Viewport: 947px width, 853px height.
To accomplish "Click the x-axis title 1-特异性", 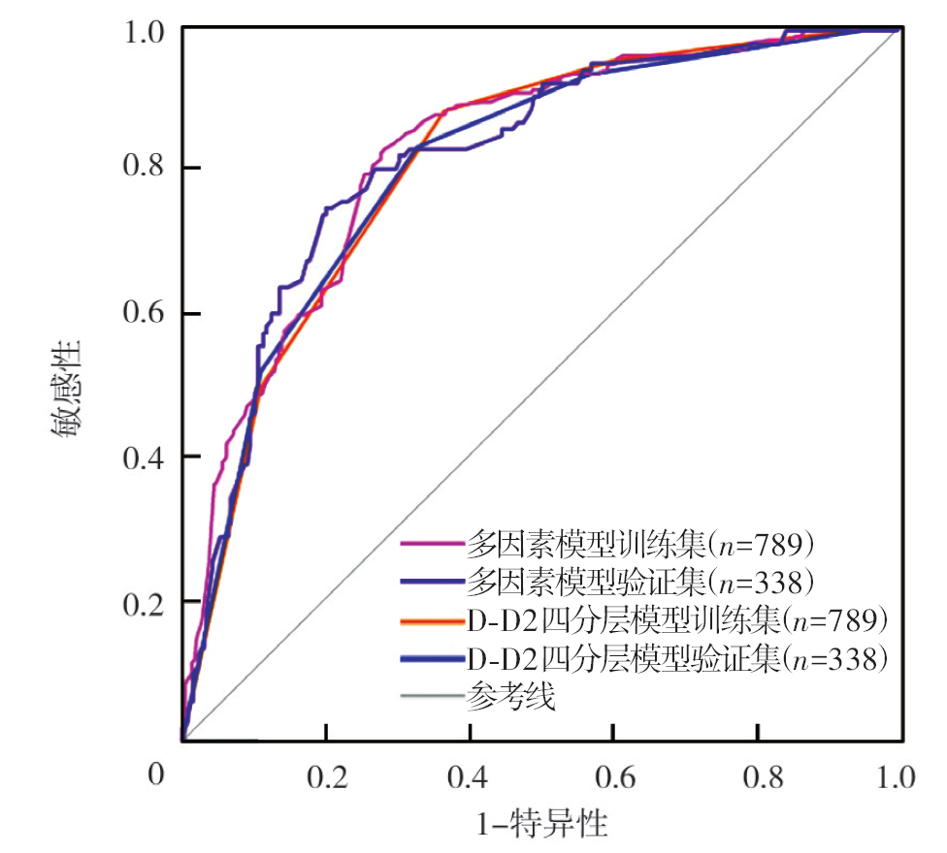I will pyautogui.click(x=542, y=826).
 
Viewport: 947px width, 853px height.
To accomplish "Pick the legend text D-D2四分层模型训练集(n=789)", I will pyautogui.click(x=677, y=620).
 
